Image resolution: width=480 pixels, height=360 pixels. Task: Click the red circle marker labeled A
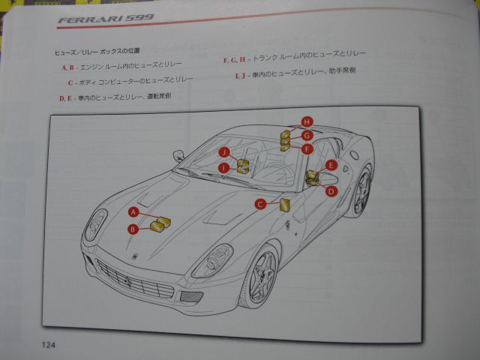click(x=133, y=212)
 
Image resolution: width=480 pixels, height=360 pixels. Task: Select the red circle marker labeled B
click(x=133, y=229)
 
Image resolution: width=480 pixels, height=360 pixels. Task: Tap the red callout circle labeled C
click(x=260, y=203)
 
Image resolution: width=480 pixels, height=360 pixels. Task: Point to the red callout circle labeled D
click(x=331, y=191)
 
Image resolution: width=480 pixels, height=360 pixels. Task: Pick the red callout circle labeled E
click(x=331, y=165)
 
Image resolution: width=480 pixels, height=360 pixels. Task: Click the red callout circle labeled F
click(x=307, y=149)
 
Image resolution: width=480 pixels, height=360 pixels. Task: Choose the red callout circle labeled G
click(x=307, y=135)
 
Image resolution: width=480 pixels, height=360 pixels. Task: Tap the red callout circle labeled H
click(x=307, y=121)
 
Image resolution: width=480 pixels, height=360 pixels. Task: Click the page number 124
click(x=51, y=345)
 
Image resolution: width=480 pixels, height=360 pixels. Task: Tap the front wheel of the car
click(x=260, y=277)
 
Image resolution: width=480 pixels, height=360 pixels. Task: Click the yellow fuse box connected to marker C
click(x=284, y=204)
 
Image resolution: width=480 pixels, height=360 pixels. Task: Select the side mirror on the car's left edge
click(x=178, y=155)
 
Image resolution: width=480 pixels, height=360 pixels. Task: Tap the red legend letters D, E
click(x=65, y=97)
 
